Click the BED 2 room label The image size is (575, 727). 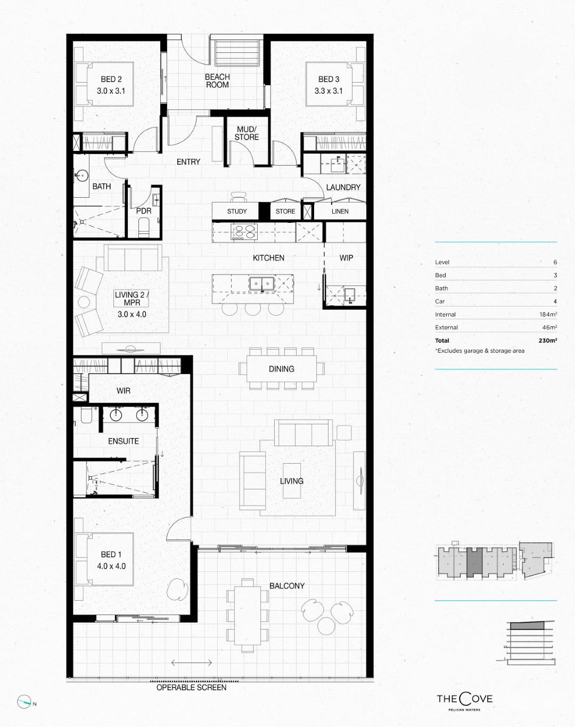(x=111, y=79)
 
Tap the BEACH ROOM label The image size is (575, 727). (x=217, y=81)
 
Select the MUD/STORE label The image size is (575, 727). (x=247, y=133)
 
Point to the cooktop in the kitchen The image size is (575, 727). (x=244, y=232)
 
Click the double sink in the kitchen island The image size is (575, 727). (x=261, y=284)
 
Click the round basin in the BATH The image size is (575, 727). (x=81, y=176)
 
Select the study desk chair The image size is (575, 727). (x=238, y=197)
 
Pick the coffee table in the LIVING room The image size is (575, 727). (x=292, y=480)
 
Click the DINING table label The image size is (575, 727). (x=282, y=369)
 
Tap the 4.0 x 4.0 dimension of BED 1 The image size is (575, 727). (x=111, y=566)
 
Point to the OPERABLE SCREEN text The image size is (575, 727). (x=191, y=687)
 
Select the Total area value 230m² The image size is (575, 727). (x=548, y=341)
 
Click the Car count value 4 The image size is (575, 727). (x=555, y=301)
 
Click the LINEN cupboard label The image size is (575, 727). (x=340, y=212)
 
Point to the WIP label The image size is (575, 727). (x=346, y=258)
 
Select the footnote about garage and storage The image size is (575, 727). (x=480, y=351)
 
